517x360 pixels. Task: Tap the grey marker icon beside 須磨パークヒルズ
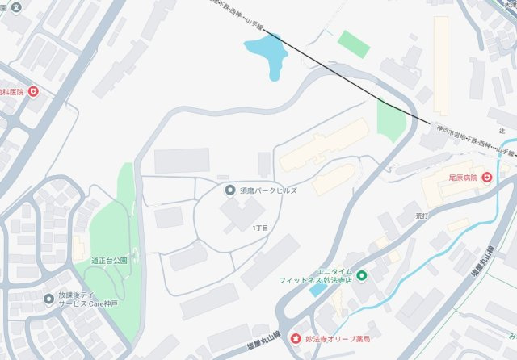coord(230,190)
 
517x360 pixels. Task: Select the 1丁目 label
coord(260,228)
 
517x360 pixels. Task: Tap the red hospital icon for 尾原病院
coord(487,178)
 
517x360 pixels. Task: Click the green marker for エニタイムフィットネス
coord(362,276)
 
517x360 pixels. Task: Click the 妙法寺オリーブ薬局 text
coord(339,339)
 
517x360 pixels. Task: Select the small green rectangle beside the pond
coord(354,43)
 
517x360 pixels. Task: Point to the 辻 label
coord(502,129)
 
